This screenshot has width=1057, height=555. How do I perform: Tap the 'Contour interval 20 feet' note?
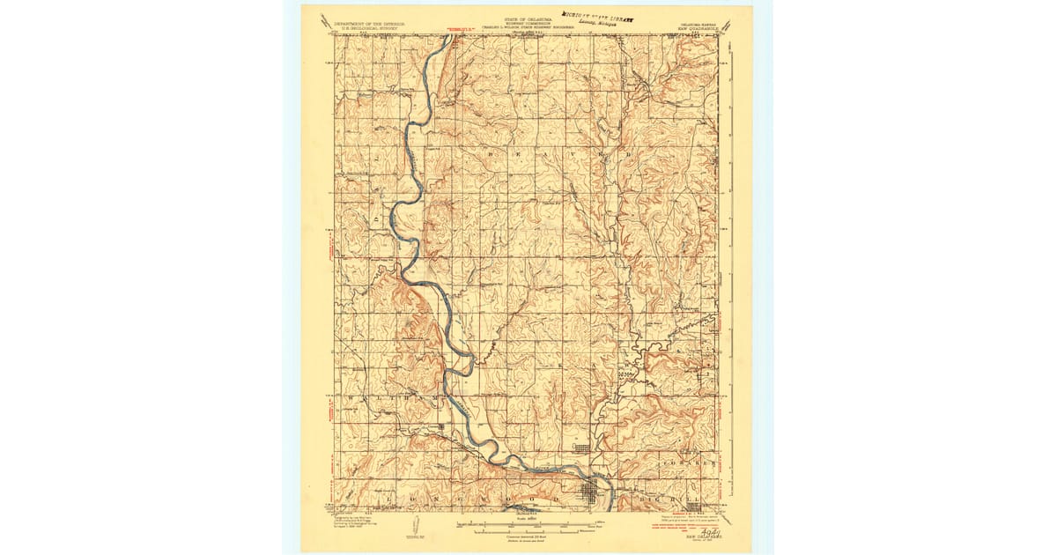(527, 536)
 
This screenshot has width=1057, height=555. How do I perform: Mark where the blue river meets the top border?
(441, 36)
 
